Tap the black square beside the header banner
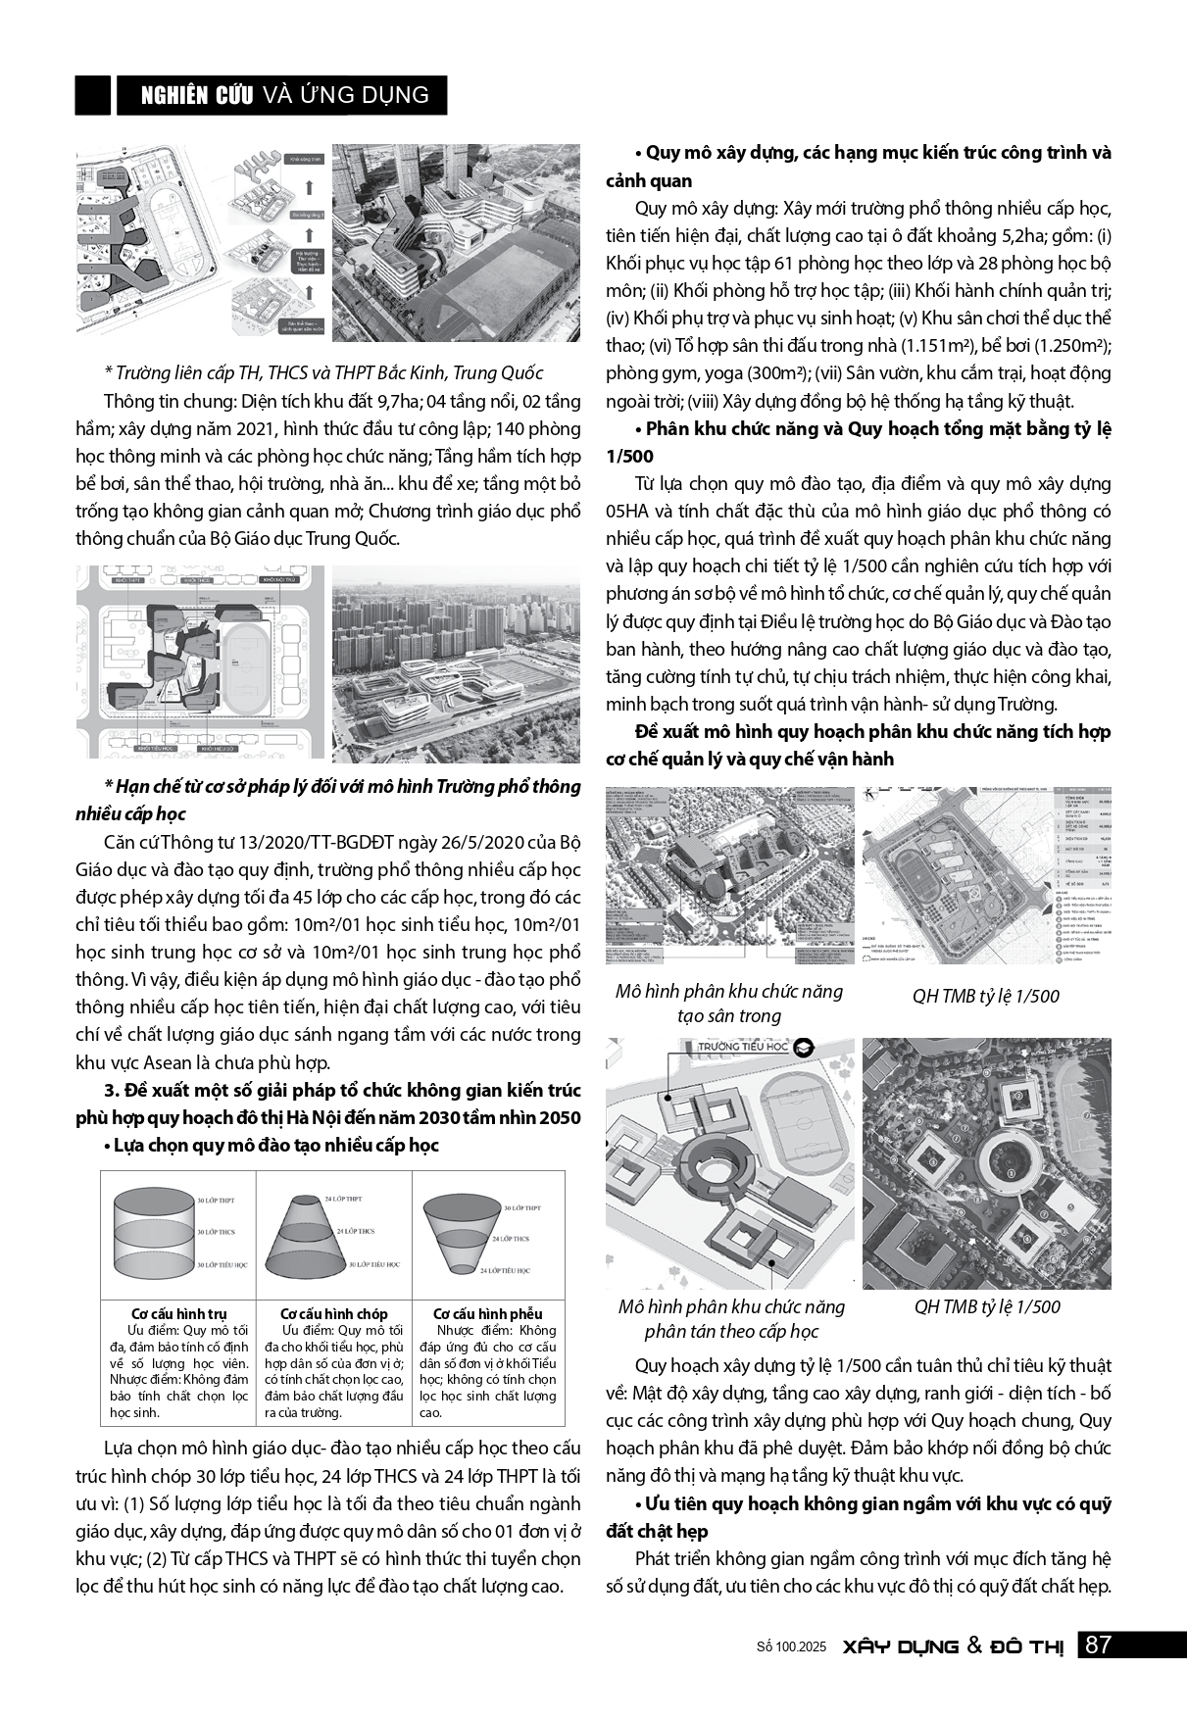(93, 95)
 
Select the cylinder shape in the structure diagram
(154, 1232)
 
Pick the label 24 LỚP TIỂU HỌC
(505, 1270)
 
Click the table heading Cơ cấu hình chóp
(333, 1314)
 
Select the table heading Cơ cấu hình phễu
(487, 1314)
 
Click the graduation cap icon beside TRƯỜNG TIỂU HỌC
(805, 1047)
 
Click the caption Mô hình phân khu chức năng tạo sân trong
(728, 1004)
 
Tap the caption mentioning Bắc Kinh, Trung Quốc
(322, 373)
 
